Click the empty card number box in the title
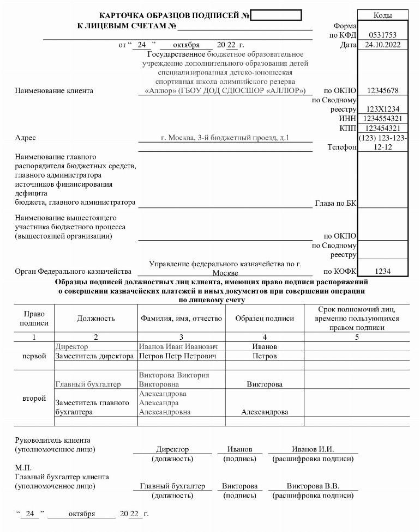275,15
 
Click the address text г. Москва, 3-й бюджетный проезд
225,138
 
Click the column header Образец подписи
264,319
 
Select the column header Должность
96,319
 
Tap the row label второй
34,398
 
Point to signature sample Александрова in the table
264,412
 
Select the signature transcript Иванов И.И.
313,449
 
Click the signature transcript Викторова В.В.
313,486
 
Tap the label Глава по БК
335,203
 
